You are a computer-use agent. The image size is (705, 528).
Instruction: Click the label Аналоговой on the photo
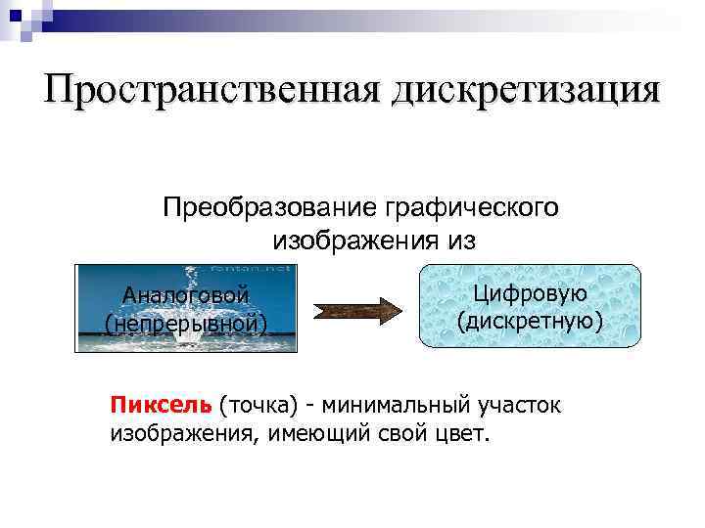click(185, 294)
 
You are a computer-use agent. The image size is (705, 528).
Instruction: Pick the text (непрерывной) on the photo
click(186, 323)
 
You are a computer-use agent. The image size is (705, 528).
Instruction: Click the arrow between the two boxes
click(358, 311)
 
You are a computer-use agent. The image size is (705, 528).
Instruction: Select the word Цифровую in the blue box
click(530, 292)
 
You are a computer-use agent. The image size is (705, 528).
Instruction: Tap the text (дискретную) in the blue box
click(530, 320)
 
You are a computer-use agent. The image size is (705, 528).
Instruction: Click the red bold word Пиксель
click(161, 405)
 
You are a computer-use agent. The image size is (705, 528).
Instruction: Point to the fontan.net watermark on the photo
click(266, 268)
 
